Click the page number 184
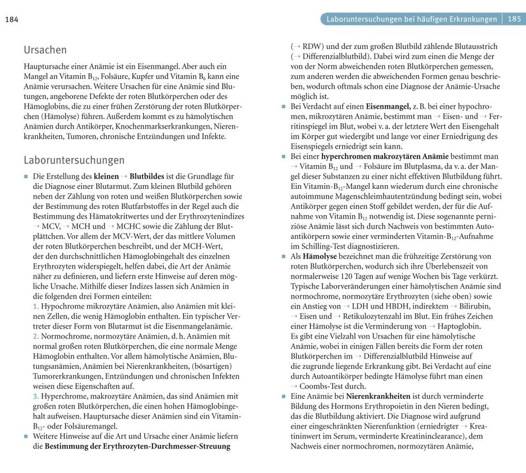tap(11, 20)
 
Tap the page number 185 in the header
tap(514, 19)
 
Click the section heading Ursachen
tap(45, 50)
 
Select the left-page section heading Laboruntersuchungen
tap(74, 160)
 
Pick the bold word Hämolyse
tap(320, 256)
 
